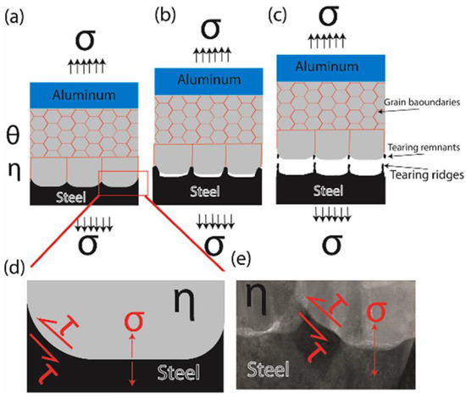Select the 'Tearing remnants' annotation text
pyautogui.click(x=419, y=146)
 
